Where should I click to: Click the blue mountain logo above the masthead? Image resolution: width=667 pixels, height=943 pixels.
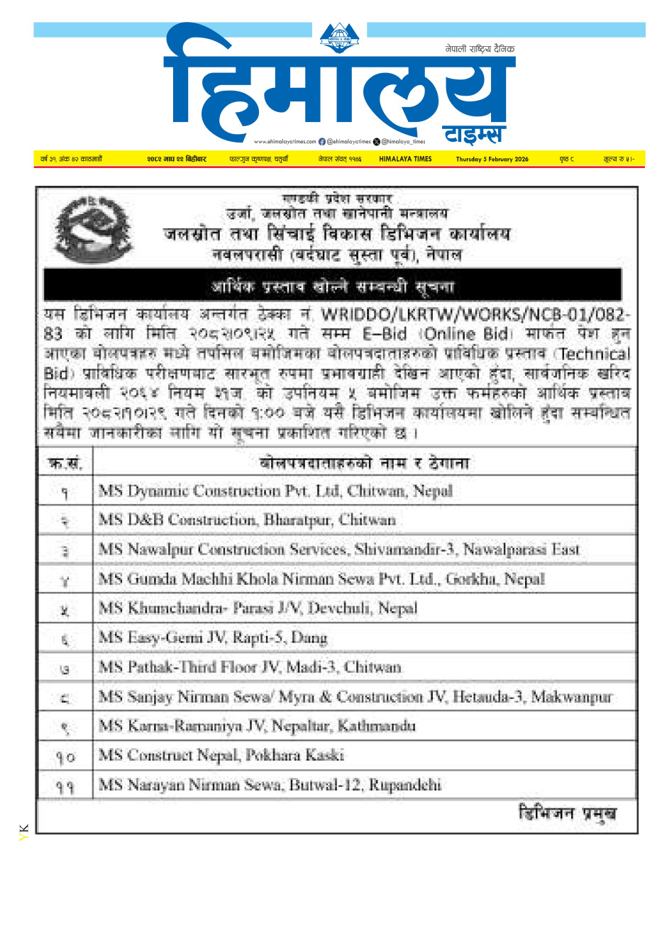pos(339,38)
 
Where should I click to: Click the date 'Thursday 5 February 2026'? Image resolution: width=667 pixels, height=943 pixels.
pos(492,160)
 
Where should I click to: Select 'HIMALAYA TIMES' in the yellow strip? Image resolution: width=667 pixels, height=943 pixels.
pos(405,160)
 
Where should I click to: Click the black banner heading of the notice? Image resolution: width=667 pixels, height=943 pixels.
pos(332,286)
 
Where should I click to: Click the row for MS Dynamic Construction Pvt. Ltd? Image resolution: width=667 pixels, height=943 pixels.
pos(275,491)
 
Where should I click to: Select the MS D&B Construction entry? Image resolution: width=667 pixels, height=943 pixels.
pos(247,520)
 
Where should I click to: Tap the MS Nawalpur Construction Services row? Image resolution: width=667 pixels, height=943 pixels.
pos(339,549)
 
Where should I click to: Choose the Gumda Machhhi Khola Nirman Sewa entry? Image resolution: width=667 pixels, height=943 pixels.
pos(321,579)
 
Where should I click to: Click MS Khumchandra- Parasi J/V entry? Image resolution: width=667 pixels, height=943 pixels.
pos(258,608)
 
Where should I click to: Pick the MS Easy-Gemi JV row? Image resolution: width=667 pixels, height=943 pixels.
pos(213,638)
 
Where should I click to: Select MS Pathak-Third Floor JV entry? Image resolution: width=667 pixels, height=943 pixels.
pos(250,667)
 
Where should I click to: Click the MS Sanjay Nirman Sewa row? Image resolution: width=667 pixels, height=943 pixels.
pos(355,697)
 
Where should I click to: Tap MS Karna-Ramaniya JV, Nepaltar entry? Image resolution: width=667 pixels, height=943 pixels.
pos(257,726)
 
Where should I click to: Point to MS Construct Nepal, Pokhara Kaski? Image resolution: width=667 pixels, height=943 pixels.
pos(221,756)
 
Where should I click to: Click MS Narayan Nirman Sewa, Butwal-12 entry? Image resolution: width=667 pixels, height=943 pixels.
pos(270,785)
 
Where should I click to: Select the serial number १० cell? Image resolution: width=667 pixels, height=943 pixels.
pos(65,757)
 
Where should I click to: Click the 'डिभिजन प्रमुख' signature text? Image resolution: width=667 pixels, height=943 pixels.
pos(567,813)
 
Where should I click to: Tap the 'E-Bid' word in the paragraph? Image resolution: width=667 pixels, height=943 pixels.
pos(384,334)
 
